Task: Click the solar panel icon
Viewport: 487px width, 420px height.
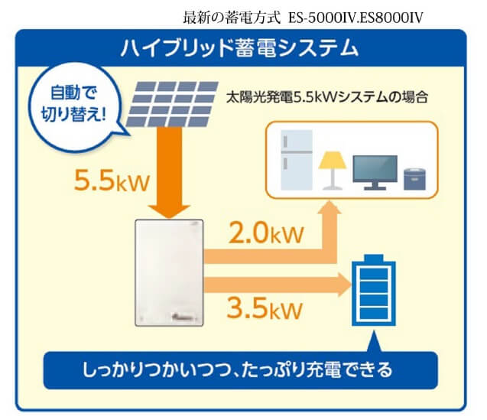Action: pos(172,104)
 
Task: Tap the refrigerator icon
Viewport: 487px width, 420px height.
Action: pos(297,160)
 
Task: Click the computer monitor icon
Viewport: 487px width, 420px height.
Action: pos(375,173)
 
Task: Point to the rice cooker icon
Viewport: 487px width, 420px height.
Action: pos(414,179)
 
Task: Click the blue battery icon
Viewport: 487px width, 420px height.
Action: pos(374,290)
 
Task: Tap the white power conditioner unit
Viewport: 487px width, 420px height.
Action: pos(169,272)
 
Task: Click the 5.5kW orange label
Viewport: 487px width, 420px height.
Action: pos(112,181)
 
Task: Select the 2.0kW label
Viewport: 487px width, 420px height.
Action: pos(266,233)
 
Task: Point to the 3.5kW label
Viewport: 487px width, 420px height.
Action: pos(265,308)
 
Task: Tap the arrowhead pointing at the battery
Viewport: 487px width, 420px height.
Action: pos(345,285)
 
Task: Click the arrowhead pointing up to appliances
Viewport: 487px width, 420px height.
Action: pos(330,207)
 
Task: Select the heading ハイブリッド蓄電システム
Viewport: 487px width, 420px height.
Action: pos(240,48)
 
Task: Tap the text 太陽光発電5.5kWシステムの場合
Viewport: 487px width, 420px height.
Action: pos(327,97)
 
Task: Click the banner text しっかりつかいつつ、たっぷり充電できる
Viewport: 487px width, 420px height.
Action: pos(238,370)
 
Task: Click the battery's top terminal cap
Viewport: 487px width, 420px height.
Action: pos(374,258)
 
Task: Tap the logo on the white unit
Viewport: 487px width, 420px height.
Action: pos(184,317)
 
